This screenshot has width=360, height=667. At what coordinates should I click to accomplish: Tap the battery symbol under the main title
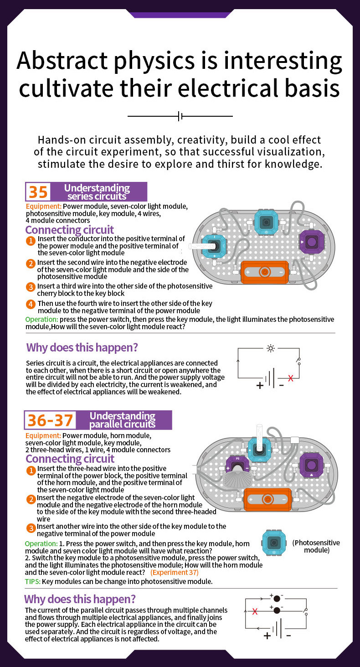point(180,116)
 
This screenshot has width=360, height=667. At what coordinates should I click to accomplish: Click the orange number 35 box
point(38,192)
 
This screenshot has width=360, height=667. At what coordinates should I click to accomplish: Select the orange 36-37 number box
point(50,420)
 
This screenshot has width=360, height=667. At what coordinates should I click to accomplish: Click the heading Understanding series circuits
point(97,192)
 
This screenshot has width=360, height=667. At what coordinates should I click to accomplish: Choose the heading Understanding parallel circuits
point(122,420)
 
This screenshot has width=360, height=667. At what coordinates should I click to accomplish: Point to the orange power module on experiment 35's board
point(264,272)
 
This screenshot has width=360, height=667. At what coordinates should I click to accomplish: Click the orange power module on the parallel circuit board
point(267,499)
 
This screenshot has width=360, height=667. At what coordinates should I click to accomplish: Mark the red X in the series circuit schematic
point(290,378)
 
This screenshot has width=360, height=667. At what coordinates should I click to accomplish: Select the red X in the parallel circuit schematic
point(255,611)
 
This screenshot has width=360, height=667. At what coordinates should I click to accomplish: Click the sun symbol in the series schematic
point(271,349)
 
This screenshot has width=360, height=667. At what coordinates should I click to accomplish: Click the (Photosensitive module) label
point(316,546)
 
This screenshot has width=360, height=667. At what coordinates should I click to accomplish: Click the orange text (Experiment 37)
point(175,572)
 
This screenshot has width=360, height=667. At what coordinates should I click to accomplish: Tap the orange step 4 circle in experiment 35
point(31,304)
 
